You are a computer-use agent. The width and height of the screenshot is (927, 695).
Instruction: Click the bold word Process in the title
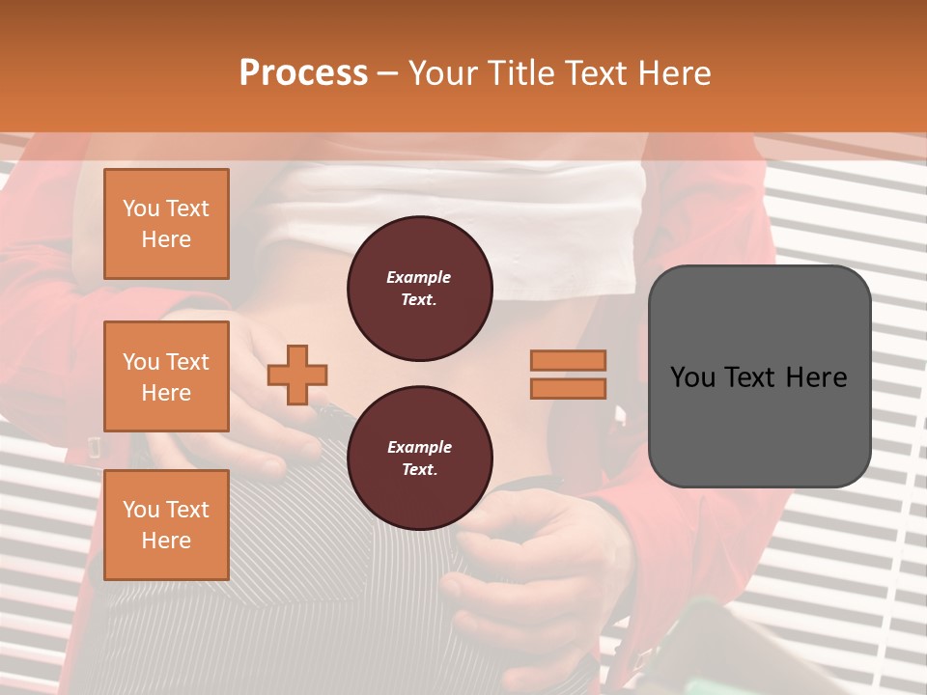pos(303,73)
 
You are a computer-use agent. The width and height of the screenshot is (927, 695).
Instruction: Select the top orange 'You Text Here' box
pos(166,224)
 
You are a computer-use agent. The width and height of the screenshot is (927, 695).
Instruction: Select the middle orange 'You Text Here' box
pos(166,376)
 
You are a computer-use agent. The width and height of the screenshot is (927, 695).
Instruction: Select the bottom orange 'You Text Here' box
pos(166,524)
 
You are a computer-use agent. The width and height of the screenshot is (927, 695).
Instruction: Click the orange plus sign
pos(297,375)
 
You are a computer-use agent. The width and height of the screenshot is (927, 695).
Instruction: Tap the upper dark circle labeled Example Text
pos(419,289)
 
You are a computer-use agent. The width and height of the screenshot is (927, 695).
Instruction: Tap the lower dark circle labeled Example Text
pos(419,459)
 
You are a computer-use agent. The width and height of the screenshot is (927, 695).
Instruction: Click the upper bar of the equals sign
pos(568,360)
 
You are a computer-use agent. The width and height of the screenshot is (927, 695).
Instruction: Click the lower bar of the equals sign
pos(568,388)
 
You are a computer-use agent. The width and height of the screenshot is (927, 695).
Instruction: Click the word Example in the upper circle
pos(419,278)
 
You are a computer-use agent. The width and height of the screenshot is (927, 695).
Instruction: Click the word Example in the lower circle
pos(419,448)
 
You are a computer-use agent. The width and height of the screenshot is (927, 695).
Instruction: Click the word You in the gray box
pos(692,377)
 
